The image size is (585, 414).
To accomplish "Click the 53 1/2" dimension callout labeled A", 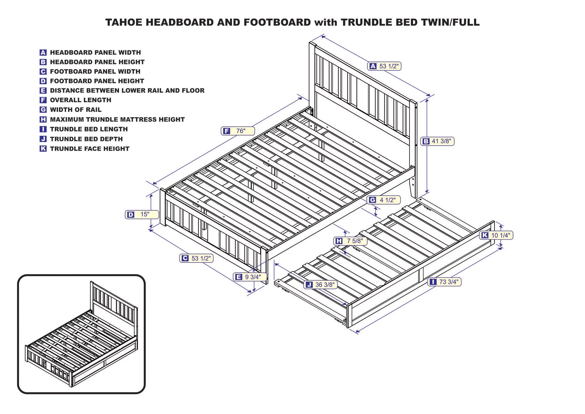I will click(384, 66).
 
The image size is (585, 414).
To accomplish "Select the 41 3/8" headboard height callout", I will click(437, 141).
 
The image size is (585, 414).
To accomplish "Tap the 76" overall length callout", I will click(238, 131).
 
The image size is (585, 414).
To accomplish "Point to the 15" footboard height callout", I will click(142, 214).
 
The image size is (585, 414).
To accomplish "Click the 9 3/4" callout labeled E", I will click(250, 277).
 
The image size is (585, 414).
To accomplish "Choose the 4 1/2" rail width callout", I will click(384, 200).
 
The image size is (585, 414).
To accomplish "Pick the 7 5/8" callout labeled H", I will click(350, 241).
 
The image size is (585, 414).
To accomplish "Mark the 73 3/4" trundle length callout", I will click(444, 282).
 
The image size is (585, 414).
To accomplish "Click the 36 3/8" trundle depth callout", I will click(321, 285).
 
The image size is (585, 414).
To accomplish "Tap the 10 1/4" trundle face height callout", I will click(496, 235).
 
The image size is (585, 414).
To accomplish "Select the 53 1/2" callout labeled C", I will click(196, 258).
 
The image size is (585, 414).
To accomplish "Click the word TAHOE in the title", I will click(124, 23).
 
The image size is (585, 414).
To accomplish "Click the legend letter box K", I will click(43, 149).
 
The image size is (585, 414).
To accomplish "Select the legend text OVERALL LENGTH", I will click(80, 100).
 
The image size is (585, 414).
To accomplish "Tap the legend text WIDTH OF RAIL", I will click(75, 110).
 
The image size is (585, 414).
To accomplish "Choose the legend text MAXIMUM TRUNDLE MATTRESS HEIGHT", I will click(117, 119).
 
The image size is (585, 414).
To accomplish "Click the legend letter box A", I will click(43, 53).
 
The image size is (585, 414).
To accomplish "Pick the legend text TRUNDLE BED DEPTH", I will click(86, 139).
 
